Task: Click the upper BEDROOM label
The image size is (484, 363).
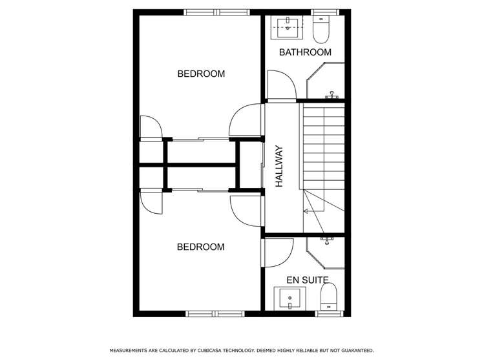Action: (x=201, y=74)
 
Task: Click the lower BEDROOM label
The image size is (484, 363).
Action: (x=201, y=247)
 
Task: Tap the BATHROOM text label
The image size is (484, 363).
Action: (x=305, y=52)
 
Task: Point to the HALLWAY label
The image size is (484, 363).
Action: (x=280, y=167)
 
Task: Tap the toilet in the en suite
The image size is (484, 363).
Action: (x=330, y=298)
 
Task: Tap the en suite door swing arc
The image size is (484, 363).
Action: (x=279, y=252)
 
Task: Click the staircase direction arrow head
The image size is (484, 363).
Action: (x=306, y=211)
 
